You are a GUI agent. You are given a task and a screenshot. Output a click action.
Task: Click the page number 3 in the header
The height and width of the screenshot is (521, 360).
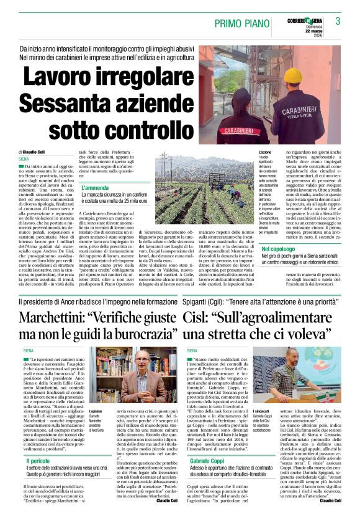338,22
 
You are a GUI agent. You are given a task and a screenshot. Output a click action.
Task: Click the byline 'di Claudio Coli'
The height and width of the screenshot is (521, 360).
32,152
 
